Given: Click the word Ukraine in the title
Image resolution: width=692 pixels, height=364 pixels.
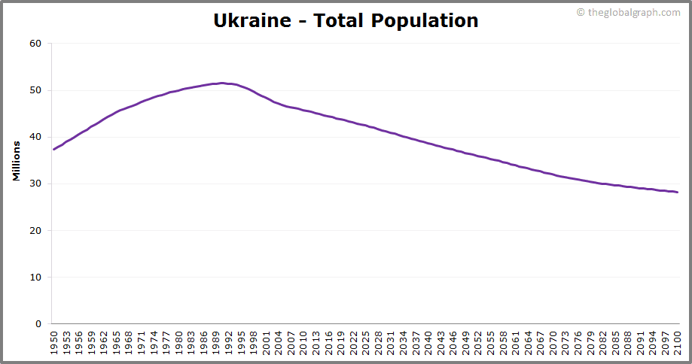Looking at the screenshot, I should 251,20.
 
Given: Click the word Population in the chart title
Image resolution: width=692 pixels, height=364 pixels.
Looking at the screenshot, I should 424,21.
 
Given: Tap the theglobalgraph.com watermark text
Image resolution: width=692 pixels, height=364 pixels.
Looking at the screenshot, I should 633,12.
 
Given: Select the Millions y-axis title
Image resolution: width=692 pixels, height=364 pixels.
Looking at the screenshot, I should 17,160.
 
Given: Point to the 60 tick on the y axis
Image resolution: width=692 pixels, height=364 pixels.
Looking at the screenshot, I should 35,44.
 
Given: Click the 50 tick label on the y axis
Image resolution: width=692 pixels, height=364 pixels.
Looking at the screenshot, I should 35,90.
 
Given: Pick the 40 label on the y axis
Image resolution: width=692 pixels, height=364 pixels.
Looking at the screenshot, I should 35,137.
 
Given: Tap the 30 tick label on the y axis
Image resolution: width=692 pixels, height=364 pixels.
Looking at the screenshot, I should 35,184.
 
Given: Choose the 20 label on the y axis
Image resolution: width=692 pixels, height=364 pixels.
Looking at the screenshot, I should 35,230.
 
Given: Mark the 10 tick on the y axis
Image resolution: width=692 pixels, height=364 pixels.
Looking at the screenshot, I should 35,277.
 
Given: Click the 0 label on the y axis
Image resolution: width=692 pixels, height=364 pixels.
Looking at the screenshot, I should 38,324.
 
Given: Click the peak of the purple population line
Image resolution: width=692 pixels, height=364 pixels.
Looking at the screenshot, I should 222,83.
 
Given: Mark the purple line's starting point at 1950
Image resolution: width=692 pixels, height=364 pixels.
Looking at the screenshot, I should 53,149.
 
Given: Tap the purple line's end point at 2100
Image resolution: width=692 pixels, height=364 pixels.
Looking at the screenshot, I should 678,192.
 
